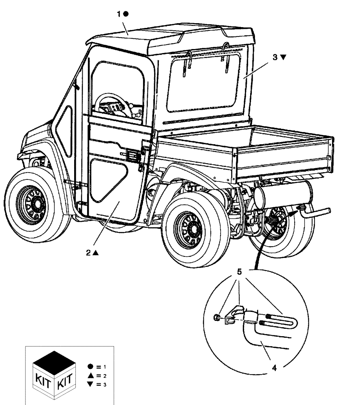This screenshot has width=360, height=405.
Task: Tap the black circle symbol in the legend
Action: [90, 366]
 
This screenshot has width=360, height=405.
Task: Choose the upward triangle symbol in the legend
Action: [90, 375]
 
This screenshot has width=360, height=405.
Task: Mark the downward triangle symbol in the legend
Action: [90, 384]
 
